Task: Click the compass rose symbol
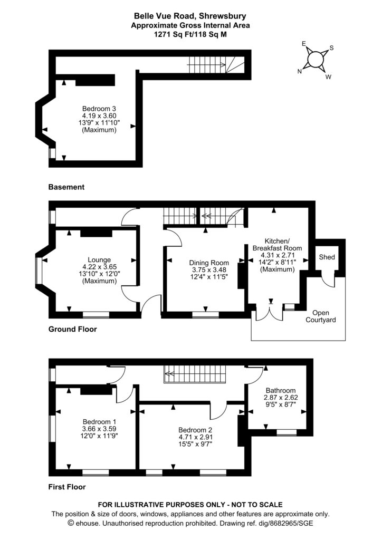(316, 60)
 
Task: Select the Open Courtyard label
(321, 316)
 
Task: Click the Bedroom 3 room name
(99, 109)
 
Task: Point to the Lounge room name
(99, 259)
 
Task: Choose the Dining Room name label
(209, 263)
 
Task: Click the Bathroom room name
(280, 390)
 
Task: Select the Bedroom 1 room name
(99, 422)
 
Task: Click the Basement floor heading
(66, 187)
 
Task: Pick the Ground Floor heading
(72, 330)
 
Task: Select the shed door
(328, 281)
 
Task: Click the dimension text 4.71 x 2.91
(195, 437)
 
